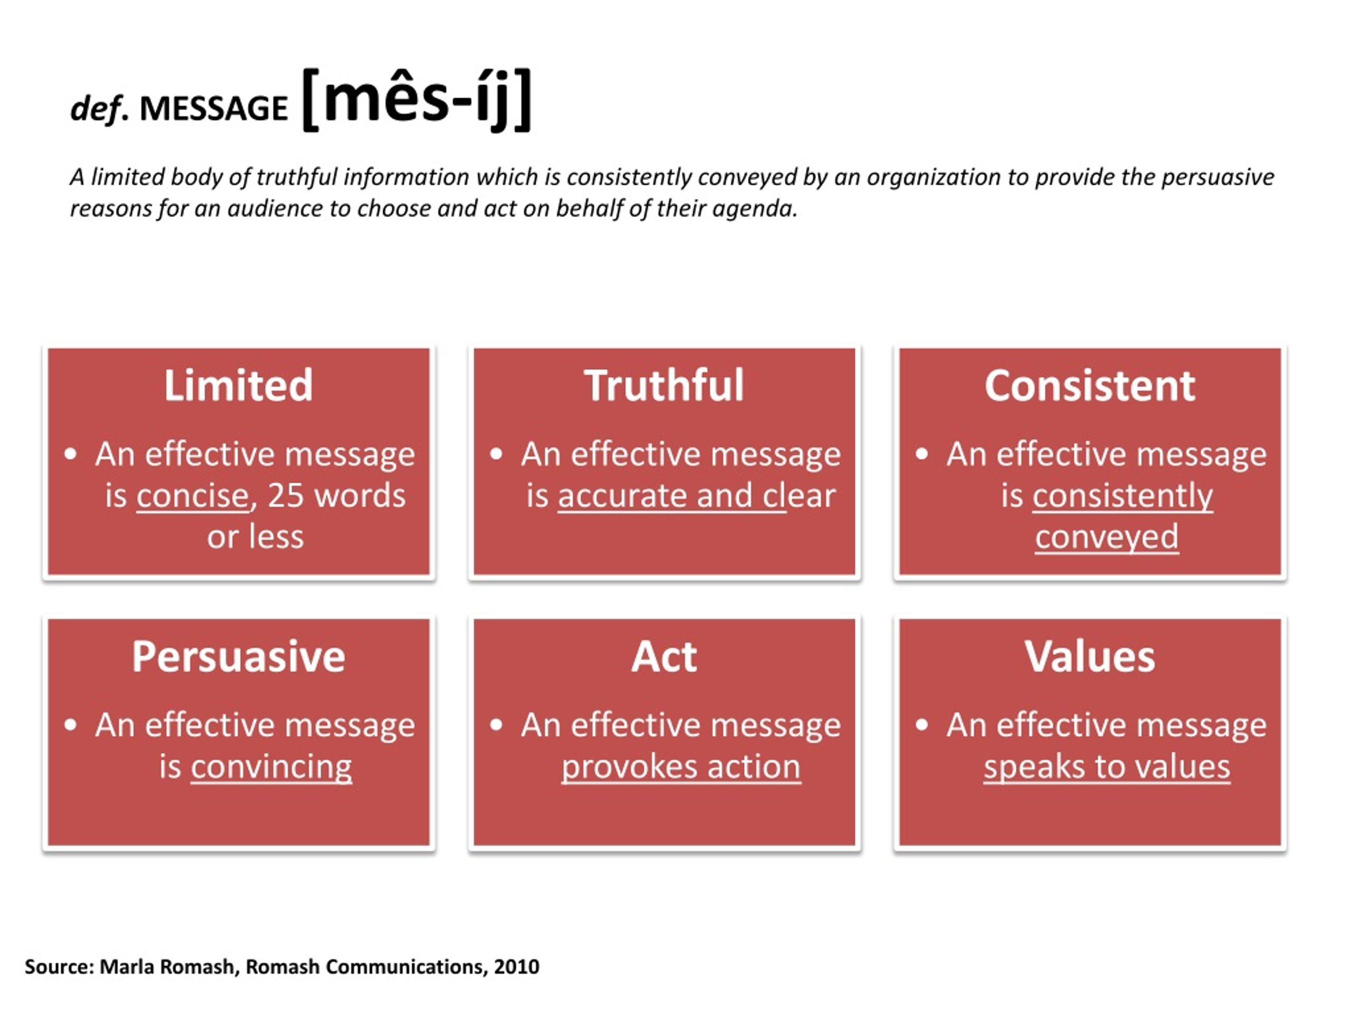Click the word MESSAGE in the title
213,108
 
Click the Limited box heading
238,385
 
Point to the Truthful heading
664,385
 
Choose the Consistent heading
1090,386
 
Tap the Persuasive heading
238,657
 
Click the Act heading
664,657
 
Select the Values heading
1090,657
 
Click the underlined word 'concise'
193,495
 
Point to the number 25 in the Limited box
285,495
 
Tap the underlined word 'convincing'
271,767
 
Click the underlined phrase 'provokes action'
681,767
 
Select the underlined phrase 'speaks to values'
1107,767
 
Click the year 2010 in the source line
517,967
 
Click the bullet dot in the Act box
496,725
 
